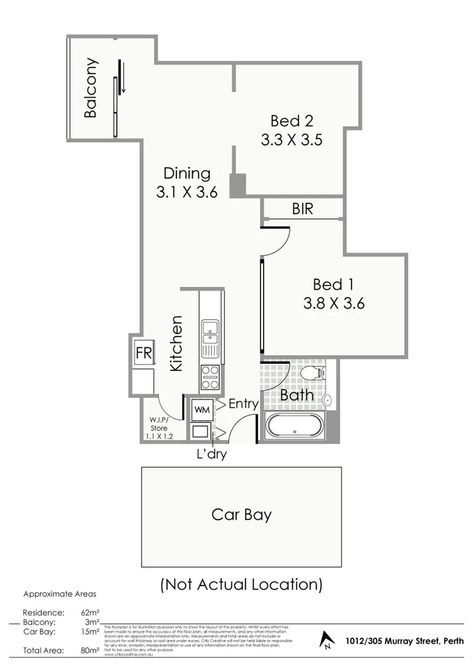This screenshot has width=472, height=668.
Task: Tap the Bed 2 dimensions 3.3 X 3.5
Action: tap(291, 140)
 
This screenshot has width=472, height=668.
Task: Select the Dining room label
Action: tap(186, 174)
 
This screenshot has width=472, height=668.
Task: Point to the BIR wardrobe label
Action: tap(303, 209)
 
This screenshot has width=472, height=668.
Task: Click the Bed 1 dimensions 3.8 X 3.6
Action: tap(333, 304)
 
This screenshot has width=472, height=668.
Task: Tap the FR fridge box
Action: tap(144, 354)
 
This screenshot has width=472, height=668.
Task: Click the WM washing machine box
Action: tap(201, 409)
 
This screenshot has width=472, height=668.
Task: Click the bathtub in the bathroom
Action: tap(294, 427)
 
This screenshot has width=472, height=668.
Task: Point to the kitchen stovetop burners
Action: tap(210, 377)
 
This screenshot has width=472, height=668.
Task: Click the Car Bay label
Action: tap(241, 515)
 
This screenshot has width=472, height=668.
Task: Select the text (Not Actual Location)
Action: tap(241, 584)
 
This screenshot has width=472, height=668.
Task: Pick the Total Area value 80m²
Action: tap(90, 651)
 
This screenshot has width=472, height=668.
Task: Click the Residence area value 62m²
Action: tap(90, 613)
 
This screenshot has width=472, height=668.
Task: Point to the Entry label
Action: tap(243, 404)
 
